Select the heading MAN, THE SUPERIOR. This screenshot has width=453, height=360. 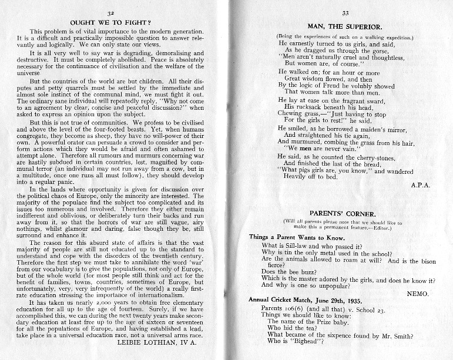coord(345,27)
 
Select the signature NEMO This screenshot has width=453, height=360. coord(420,292)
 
